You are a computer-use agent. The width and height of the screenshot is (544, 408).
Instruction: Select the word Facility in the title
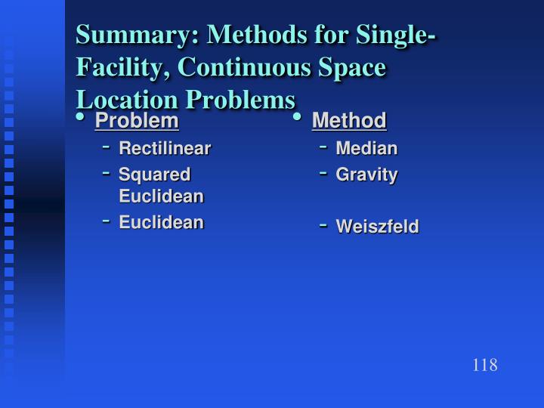coord(122,68)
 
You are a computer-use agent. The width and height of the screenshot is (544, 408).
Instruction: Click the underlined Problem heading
coord(137,120)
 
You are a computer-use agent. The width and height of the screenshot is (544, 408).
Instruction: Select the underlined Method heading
coord(349,120)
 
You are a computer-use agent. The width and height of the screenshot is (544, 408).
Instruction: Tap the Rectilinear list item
coord(165,148)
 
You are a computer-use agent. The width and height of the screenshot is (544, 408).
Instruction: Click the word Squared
coord(154,175)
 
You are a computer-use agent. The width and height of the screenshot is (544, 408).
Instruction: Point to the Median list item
coord(366,148)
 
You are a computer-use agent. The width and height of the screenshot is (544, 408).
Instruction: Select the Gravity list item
coord(366,175)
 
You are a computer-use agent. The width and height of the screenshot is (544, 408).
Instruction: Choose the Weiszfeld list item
coord(377,227)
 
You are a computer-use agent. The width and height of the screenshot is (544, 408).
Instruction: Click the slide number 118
coord(484,366)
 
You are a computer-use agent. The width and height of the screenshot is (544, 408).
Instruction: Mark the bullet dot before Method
coord(298,117)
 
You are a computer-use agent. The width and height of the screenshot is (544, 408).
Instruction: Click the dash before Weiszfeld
coord(323,224)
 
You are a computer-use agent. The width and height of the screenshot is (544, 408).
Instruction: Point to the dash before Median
coord(323,147)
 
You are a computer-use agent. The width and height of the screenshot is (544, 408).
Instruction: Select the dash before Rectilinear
coord(106,147)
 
